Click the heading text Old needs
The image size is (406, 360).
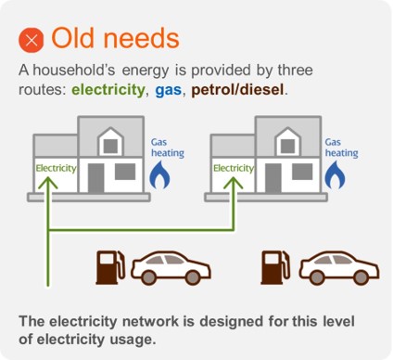coord(114,39)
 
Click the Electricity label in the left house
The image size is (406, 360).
coord(55,169)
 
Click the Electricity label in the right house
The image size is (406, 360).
coord(233,169)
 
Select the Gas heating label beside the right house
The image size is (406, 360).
coord(340,148)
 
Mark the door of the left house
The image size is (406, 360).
coord(95,175)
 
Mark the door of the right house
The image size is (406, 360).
coord(274,175)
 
